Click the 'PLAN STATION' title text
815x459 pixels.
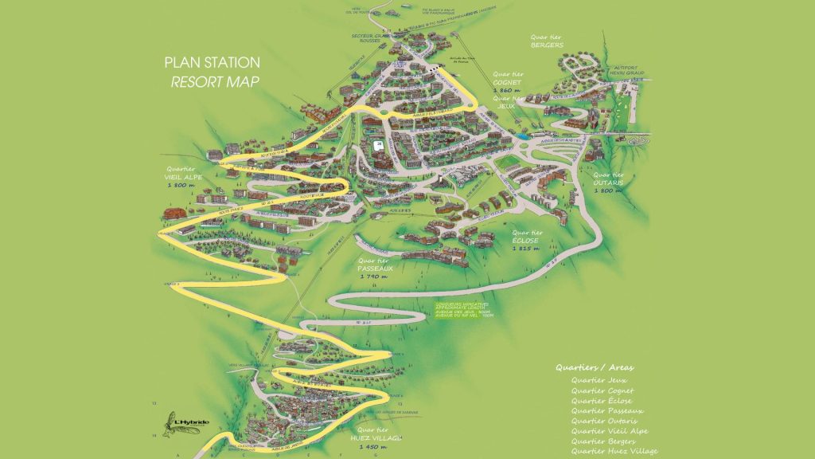[211, 62]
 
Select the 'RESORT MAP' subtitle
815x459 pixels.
[215, 82]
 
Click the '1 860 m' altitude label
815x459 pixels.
[506, 91]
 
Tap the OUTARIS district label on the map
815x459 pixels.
[610, 182]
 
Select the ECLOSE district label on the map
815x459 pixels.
[526, 240]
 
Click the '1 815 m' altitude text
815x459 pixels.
[526, 249]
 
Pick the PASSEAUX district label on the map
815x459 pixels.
[376, 268]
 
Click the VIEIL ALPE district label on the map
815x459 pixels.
[183, 176]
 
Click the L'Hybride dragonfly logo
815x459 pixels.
[177, 423]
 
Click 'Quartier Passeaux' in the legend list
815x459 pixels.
[606, 410]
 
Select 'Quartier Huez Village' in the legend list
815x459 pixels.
[614, 451]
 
